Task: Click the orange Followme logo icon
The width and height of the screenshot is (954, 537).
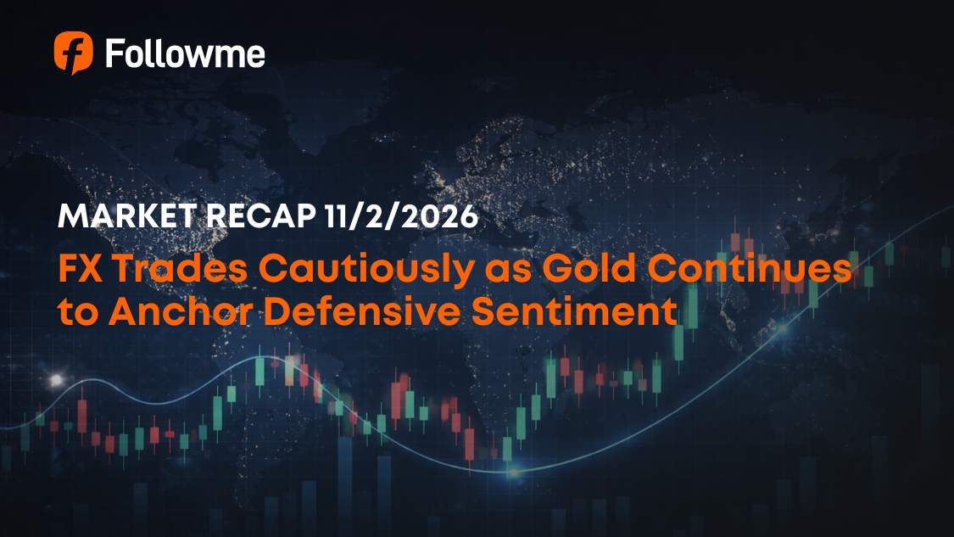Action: pos(73,53)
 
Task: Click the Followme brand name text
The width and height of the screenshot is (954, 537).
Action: pos(185,53)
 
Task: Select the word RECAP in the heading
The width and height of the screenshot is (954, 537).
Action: pos(259,217)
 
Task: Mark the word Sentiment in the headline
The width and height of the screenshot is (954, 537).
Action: pos(581,312)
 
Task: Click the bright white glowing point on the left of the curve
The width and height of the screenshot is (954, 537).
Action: pos(57,379)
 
